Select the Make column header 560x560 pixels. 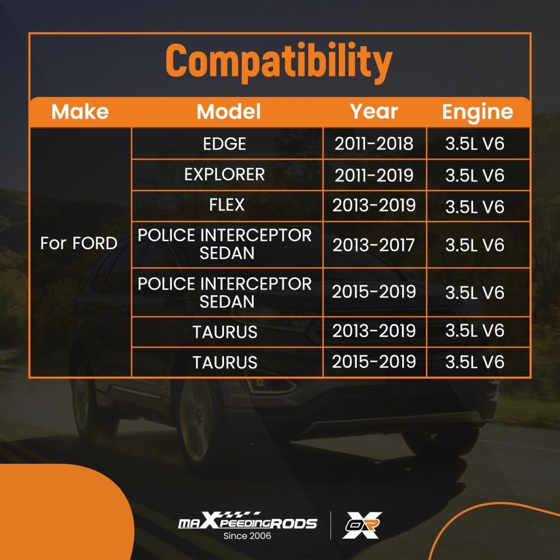[80, 111]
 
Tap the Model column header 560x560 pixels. [228, 111]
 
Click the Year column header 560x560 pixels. [374, 111]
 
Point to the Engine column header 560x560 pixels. [478, 112]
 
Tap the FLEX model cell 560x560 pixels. [227, 205]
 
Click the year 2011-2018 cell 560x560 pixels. [374, 143]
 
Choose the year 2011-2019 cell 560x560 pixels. [374, 175]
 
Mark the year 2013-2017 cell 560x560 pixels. [374, 245]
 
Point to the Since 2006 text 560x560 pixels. [247, 536]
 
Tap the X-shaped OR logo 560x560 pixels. [362, 525]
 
